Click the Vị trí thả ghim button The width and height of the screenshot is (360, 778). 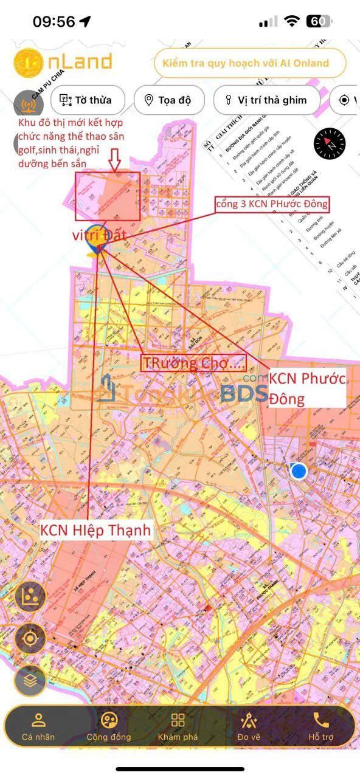(x=266, y=100)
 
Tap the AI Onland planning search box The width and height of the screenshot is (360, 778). (x=249, y=63)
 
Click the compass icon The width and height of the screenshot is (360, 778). (x=329, y=144)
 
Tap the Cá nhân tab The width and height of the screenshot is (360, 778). (x=38, y=727)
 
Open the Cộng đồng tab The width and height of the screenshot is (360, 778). (x=109, y=727)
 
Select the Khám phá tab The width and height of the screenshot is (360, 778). (x=178, y=727)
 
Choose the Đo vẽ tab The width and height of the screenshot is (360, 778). (x=249, y=727)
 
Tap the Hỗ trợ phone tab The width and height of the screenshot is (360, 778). (x=320, y=727)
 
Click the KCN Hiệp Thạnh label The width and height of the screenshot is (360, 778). (x=95, y=530)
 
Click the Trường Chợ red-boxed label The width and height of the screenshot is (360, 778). (x=193, y=363)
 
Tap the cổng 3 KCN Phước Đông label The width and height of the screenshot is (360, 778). (x=272, y=204)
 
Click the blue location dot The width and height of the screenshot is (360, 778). (x=298, y=470)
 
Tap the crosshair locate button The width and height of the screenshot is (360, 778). (x=30, y=638)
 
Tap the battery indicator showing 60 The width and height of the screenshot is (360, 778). (x=319, y=22)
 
